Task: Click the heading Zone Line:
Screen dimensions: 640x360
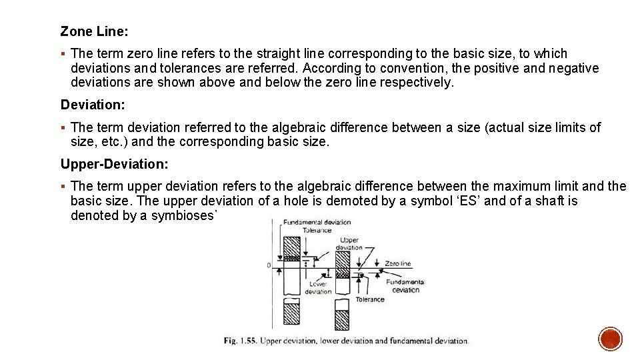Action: point(94,31)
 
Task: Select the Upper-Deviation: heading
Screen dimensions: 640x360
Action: point(114,164)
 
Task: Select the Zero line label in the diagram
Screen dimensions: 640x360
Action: point(398,264)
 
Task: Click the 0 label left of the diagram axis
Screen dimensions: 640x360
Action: point(269,265)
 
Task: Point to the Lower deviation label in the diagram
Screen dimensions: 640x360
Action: point(318,287)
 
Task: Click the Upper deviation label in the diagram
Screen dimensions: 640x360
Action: point(349,243)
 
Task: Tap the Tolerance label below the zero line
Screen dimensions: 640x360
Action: point(370,299)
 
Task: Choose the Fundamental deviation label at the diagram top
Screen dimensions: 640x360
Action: point(317,223)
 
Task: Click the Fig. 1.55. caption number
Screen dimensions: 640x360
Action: point(239,341)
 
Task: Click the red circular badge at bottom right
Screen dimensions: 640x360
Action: point(610,339)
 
